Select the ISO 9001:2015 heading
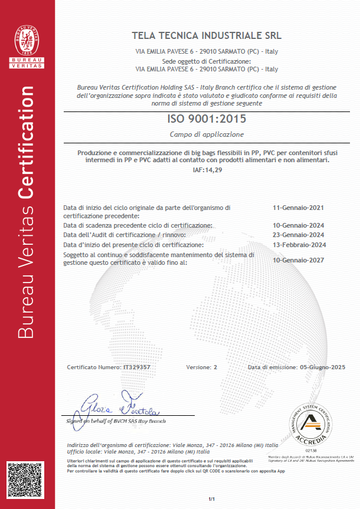click(206, 119)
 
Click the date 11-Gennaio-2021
click(298, 208)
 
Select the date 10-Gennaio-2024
click(298, 225)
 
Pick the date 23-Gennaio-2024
click(298, 235)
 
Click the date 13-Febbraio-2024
click(298, 244)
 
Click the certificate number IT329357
click(136, 367)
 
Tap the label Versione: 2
click(202, 367)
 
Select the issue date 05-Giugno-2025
click(322, 367)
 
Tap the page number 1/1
click(211, 499)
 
